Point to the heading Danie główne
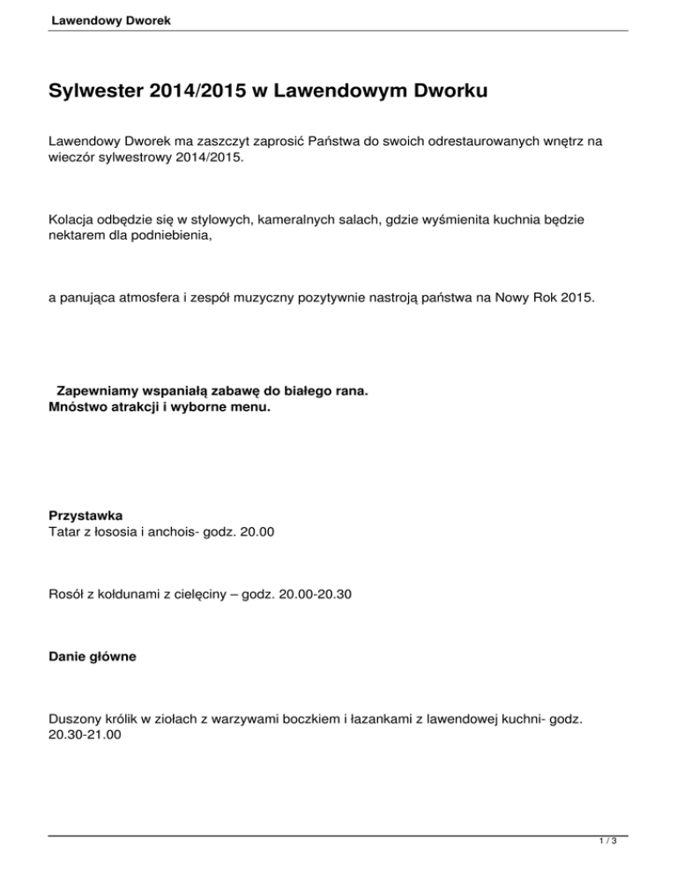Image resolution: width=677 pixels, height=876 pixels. pos(92,657)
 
